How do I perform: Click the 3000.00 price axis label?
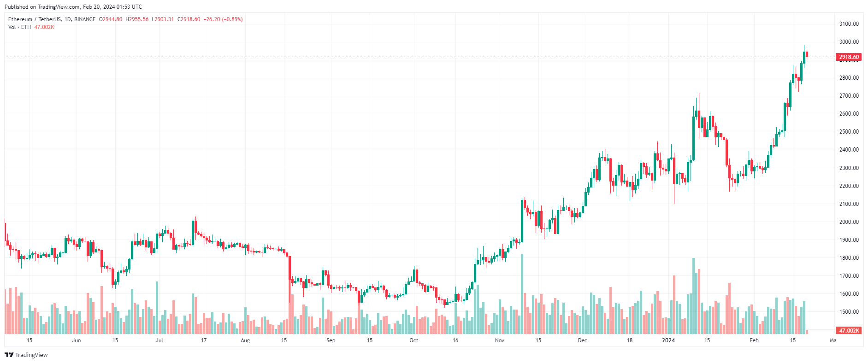849,42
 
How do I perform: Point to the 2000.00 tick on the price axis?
849,222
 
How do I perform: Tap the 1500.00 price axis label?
849,312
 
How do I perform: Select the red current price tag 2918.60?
848,57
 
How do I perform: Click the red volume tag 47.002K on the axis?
848,331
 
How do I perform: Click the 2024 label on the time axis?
668,340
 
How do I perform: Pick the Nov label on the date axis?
499,340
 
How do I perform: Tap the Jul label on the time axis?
159,340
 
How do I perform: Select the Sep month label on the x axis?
331,340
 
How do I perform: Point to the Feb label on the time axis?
754,340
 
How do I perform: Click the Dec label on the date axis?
582,340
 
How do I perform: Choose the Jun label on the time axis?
76,340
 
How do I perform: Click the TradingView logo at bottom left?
26,355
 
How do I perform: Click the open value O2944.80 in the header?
111,19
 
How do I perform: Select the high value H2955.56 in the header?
137,19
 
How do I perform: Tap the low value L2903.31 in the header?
163,19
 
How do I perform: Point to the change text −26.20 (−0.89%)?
223,19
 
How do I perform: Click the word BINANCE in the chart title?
85,19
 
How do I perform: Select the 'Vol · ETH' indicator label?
19,27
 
